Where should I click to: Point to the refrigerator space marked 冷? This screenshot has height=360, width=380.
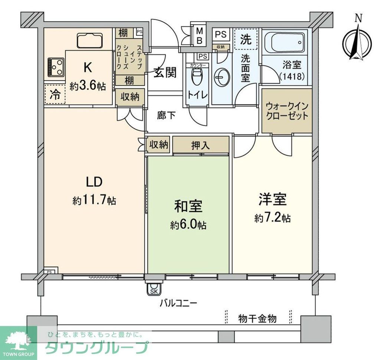[x=54, y=95]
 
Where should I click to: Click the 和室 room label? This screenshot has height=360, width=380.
[x=189, y=207]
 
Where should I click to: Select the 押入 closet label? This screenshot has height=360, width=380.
[x=200, y=145]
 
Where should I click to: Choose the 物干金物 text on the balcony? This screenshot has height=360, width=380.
[x=257, y=318]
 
